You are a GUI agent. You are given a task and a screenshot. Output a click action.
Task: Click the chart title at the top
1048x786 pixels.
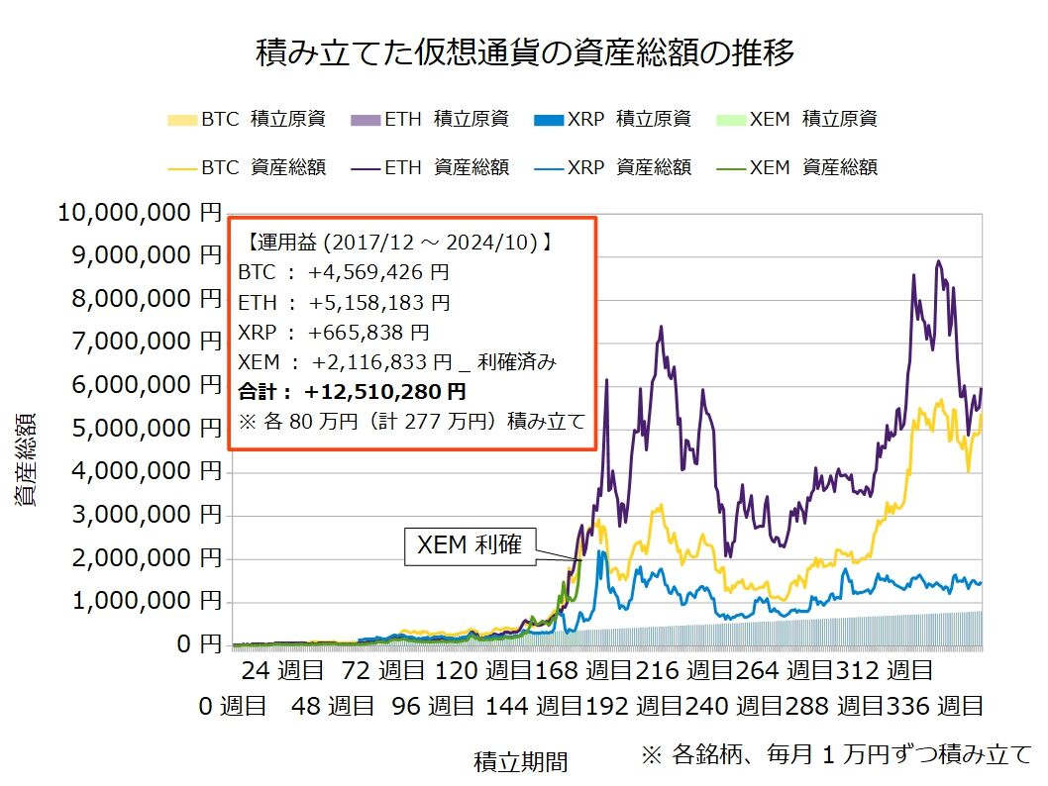[x=525, y=52]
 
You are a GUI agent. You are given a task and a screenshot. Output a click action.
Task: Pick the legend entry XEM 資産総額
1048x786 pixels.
[x=797, y=167]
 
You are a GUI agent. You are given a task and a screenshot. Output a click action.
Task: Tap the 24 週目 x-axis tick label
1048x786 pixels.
[x=282, y=671]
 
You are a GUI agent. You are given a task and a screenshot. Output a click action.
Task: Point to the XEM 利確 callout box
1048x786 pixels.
[x=471, y=545]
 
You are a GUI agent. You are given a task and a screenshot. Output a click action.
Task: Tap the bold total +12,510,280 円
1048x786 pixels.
[x=385, y=392]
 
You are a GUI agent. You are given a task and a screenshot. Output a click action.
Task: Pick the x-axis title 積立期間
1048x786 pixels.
[x=521, y=761]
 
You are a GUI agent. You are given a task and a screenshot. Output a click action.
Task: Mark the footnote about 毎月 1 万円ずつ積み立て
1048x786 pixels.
[x=836, y=754]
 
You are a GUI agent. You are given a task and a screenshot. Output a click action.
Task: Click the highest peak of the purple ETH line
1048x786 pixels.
[x=937, y=261]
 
